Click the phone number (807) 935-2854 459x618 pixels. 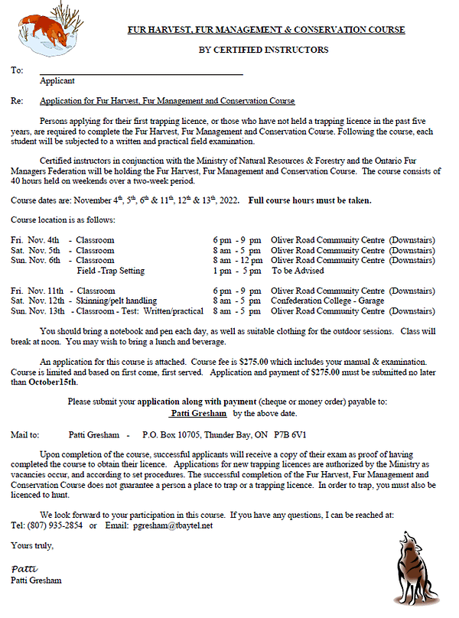[55, 525]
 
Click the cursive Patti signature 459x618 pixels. [23, 570]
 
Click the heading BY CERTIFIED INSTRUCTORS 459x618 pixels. [263, 50]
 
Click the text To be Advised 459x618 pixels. [298, 271]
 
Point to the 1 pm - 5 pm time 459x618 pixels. [236, 271]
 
